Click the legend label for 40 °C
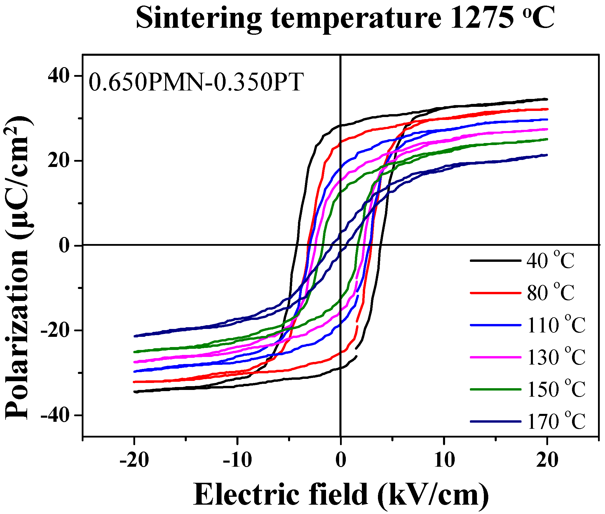(550, 260)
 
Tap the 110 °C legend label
(556, 325)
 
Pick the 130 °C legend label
(556, 357)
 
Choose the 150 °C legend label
(556, 389)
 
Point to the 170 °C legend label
(556, 421)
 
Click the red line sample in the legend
(495, 292)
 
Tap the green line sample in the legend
(495, 389)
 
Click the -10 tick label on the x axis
(237, 460)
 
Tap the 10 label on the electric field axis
(444, 460)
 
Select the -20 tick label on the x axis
(134, 460)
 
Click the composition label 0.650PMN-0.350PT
(196, 83)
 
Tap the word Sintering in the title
(198, 19)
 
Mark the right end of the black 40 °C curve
(547, 99)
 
